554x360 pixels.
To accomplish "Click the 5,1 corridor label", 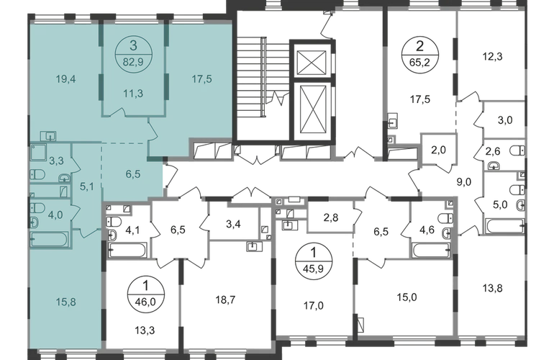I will pos(87,186).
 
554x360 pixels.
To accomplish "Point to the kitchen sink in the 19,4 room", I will pos(48,135).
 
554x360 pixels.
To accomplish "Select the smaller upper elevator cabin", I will pos(312,63).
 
